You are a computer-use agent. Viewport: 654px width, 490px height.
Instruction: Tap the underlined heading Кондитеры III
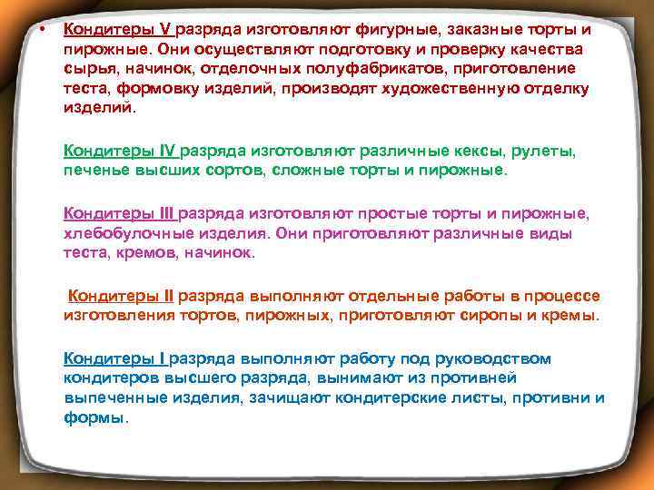pos(121,213)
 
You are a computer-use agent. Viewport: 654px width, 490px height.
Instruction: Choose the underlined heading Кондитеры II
pos(123,296)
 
